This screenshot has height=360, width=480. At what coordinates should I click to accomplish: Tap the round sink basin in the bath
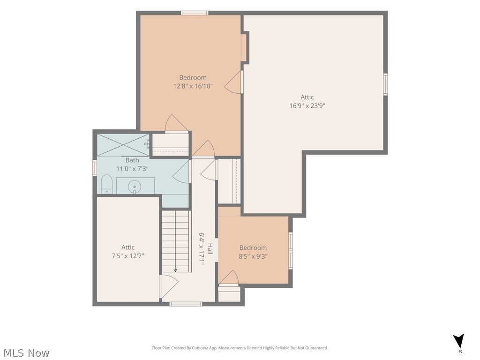pos(135,186)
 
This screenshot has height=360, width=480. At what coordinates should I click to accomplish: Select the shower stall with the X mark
pos(123,145)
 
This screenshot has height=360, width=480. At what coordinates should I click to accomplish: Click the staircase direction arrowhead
pos(175,270)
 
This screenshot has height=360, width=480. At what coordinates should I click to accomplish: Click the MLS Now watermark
pos(25,353)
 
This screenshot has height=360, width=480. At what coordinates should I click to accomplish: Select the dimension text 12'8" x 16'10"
pos(193,86)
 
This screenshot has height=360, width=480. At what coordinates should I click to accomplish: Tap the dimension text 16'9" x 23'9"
pos(307,105)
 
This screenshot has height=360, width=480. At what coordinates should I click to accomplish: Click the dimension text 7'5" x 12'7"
pos(128,255)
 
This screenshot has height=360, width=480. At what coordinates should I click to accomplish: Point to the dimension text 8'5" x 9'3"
pos(253,256)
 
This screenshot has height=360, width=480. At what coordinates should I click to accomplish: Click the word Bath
pos(132,160)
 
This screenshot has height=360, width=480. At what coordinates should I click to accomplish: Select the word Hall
pos(210,248)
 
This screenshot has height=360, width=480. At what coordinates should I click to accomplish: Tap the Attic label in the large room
pos(307,97)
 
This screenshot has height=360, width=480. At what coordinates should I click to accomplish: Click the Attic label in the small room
pos(128,247)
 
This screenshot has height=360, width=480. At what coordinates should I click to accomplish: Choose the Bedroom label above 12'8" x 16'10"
pos(193,77)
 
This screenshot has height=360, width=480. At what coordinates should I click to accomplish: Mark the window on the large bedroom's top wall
pos(195,13)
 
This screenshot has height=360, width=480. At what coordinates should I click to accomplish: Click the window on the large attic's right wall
pos(386,84)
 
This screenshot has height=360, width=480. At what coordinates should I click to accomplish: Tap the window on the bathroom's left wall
pos(95,168)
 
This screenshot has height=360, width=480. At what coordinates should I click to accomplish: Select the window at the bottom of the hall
pos(186,304)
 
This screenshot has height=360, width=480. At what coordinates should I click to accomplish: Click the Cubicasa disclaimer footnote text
pos(240,348)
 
